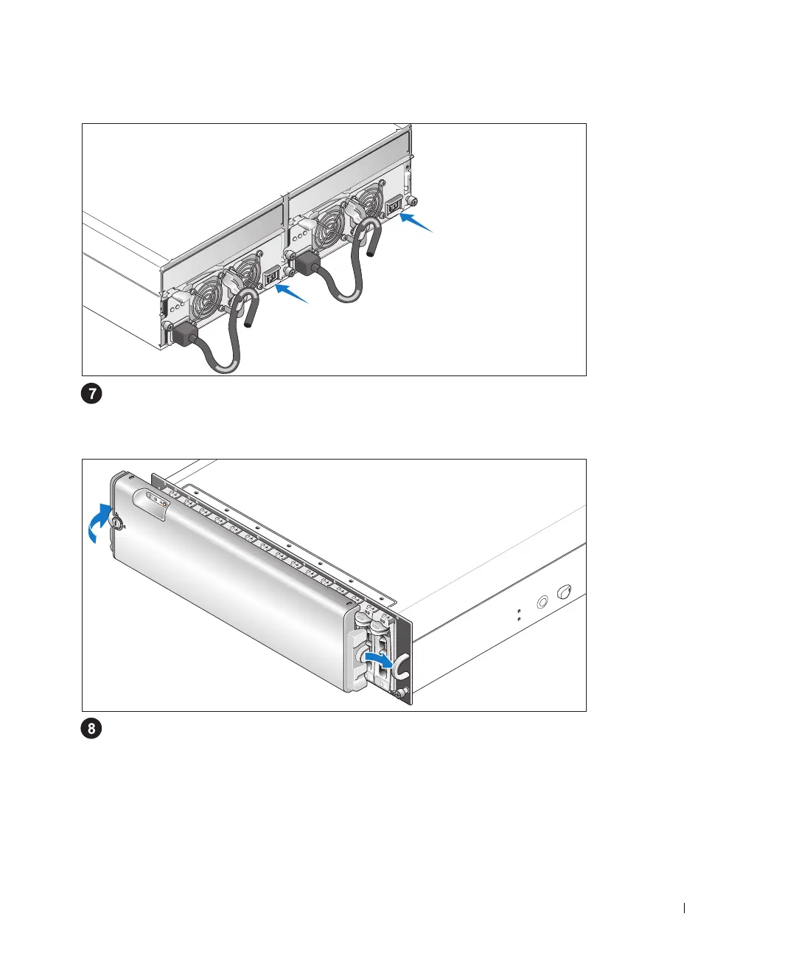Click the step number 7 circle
tap(91, 394)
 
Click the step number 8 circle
tap(91, 730)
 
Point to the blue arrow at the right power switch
tap(416, 222)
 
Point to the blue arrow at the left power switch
tap(292, 294)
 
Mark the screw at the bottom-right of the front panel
tap(399, 693)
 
